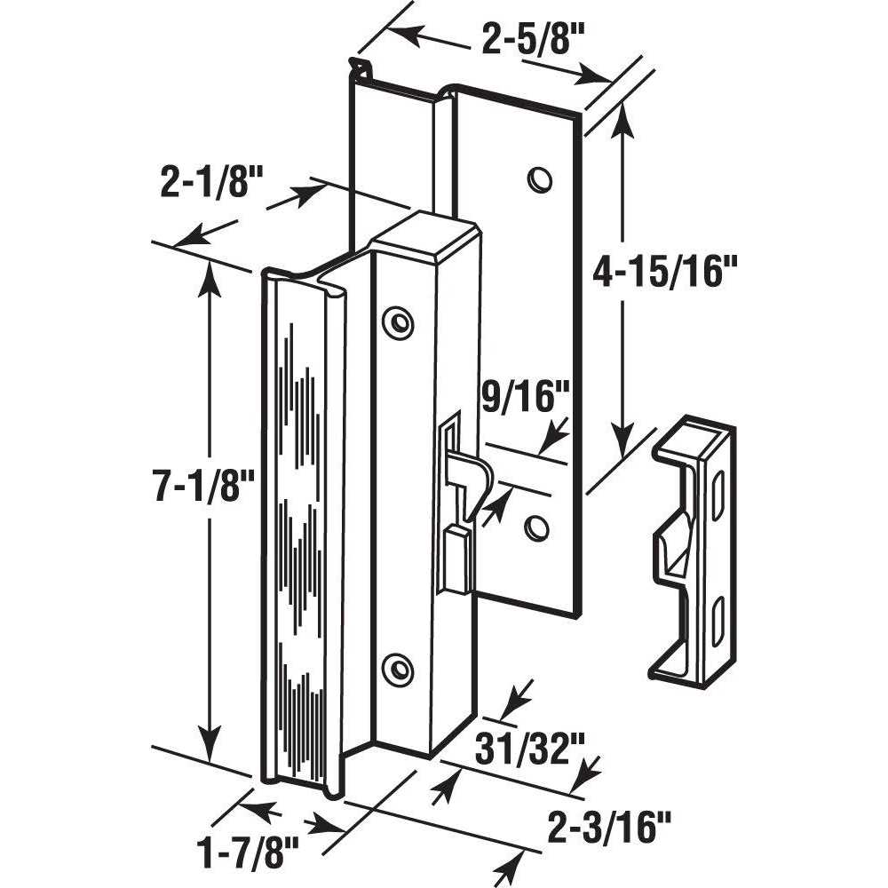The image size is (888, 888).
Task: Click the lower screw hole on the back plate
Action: [535, 528]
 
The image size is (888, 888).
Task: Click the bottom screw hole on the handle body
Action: [397, 669]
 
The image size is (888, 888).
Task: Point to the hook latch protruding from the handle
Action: [471, 475]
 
